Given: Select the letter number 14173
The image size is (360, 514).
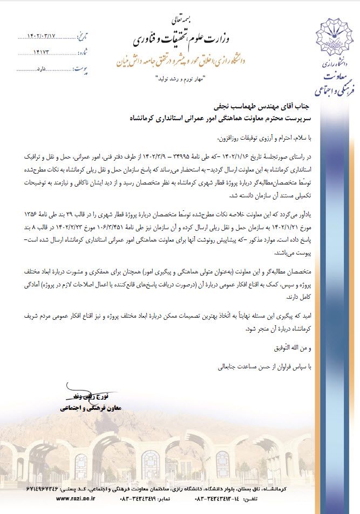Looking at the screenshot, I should [42, 53].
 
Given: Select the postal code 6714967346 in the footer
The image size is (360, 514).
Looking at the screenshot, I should [49, 487].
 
